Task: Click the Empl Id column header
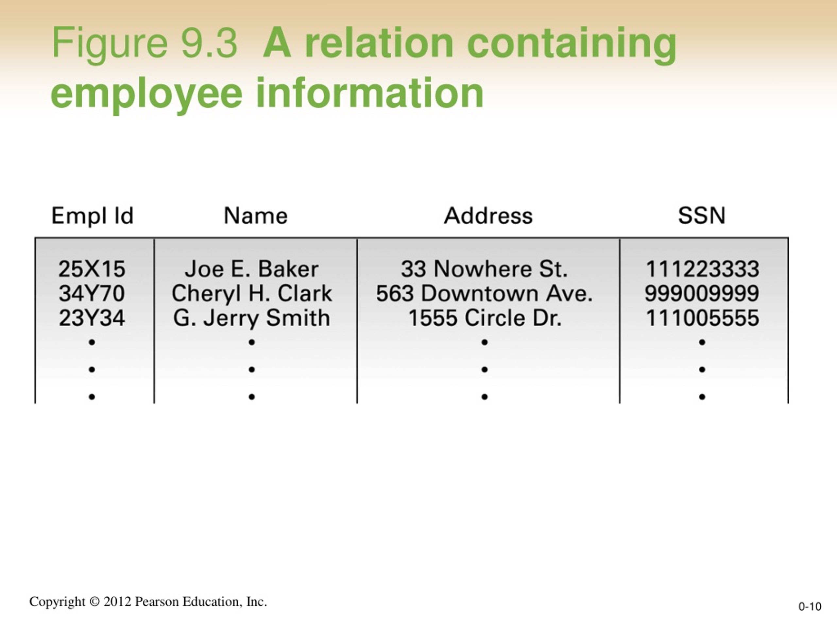(x=92, y=216)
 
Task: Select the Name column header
(x=256, y=216)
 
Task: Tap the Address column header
(x=488, y=216)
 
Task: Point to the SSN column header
(x=702, y=216)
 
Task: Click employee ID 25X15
(x=92, y=269)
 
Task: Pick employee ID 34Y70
(x=92, y=293)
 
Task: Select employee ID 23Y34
(x=92, y=318)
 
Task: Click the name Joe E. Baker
(x=252, y=269)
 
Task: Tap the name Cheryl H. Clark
(x=252, y=294)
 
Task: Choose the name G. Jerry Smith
(x=252, y=318)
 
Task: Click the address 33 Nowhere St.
(x=484, y=269)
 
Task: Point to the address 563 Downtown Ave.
(x=484, y=293)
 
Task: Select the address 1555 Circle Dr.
(x=484, y=318)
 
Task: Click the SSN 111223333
(x=702, y=269)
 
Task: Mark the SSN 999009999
(x=702, y=293)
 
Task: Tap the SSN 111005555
(x=702, y=318)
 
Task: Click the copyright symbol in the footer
(x=94, y=602)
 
